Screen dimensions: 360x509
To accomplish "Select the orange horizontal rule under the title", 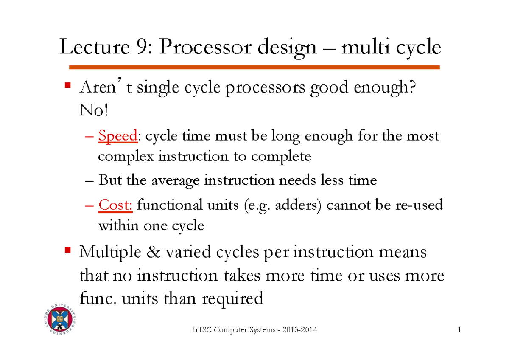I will pyautogui.click(x=255, y=67).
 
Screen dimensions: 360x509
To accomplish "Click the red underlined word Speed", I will pyautogui.click(x=117, y=136).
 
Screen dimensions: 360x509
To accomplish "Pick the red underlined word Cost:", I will pyautogui.click(x=116, y=205).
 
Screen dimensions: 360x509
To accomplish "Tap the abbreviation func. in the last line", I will pyautogui.click(x=98, y=299).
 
